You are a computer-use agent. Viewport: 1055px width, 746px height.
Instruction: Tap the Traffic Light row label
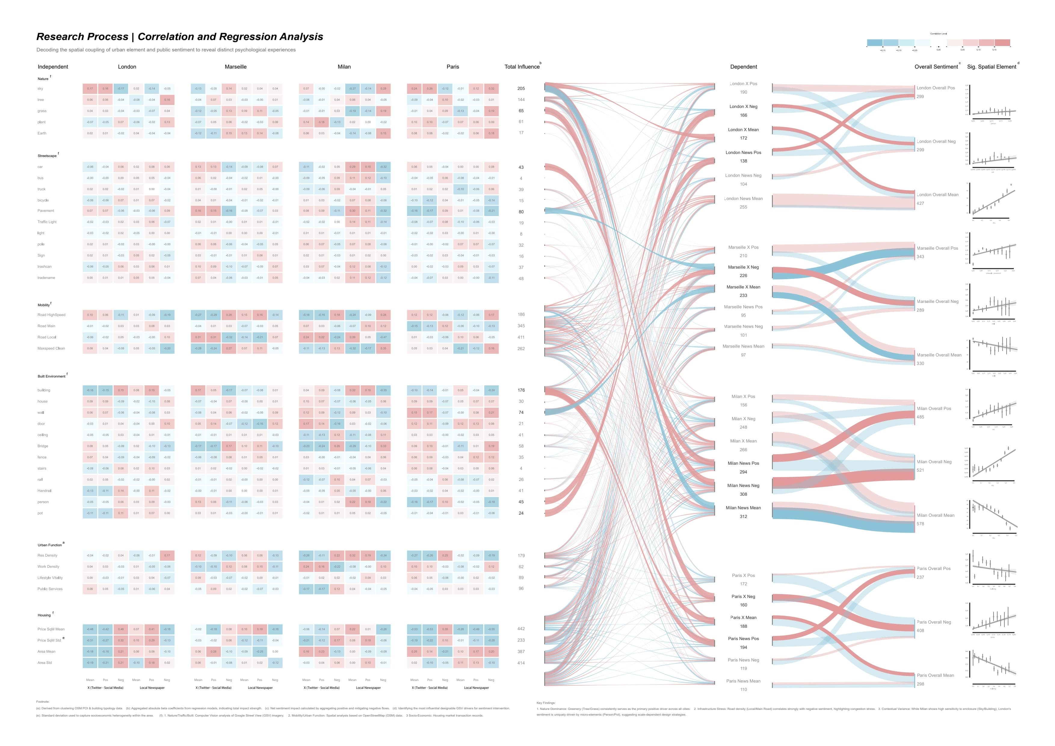click(x=47, y=222)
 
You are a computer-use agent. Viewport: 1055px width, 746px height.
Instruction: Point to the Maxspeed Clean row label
click(x=51, y=348)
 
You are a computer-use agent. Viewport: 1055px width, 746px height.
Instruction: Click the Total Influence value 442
click(x=521, y=629)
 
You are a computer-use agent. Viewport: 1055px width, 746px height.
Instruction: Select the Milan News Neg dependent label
click(x=743, y=486)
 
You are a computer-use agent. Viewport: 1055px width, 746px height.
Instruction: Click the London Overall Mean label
click(x=937, y=195)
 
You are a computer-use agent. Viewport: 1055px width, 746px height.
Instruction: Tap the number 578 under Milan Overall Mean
click(x=920, y=524)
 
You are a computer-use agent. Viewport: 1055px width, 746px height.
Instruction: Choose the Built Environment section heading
click(x=51, y=376)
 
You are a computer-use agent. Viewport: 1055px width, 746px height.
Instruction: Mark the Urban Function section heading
click(x=50, y=545)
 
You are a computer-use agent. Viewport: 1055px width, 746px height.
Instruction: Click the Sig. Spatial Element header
click(x=991, y=66)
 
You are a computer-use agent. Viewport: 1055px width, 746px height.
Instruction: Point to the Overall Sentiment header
click(x=936, y=66)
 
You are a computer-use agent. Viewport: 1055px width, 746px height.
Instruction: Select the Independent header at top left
click(x=53, y=66)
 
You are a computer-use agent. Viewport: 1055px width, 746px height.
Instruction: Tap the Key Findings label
click(x=546, y=703)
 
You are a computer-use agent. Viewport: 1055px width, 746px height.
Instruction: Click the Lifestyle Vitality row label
click(x=50, y=578)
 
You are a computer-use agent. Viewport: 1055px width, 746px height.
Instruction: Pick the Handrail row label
click(x=44, y=491)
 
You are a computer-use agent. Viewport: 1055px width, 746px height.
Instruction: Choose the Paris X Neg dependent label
click(x=743, y=596)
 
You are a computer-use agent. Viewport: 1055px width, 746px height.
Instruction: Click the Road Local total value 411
click(x=521, y=337)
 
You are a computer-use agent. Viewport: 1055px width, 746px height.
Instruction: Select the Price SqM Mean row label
click(x=51, y=629)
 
